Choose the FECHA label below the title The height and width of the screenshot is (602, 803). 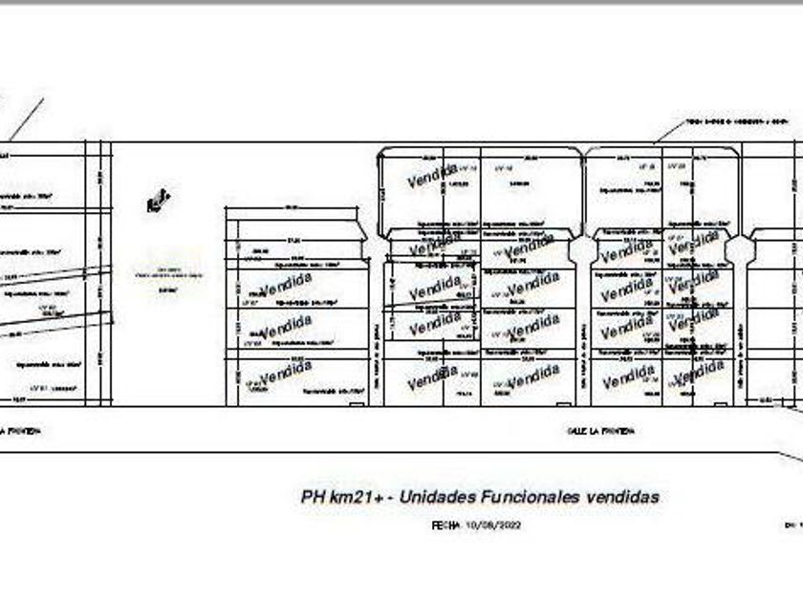pos(445,525)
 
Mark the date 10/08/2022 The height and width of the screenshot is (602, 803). pos(493,525)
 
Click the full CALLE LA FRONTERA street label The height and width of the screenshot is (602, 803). pos(600,431)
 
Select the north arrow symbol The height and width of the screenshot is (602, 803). pos(158,201)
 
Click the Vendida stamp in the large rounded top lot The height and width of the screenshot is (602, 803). pos(432,176)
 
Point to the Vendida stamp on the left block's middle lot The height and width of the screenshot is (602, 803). pos(285,327)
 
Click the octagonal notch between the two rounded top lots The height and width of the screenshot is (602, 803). pos(582,250)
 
